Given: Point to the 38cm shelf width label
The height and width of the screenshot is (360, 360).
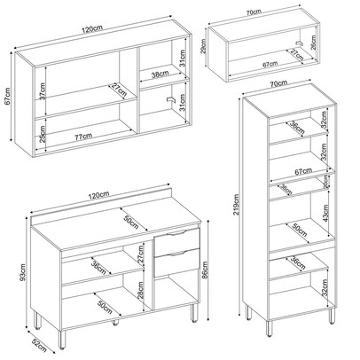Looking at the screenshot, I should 160,75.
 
